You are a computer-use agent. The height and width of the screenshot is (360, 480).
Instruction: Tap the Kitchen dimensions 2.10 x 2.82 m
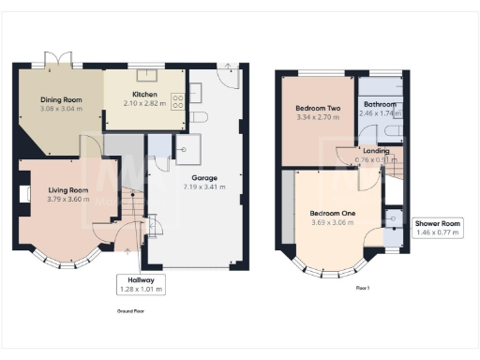pyautogui.click(x=143, y=104)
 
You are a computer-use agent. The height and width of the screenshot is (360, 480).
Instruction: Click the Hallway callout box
pyautogui.click(x=141, y=284)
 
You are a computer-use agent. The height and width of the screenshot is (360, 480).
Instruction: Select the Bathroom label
pyautogui.click(x=380, y=104)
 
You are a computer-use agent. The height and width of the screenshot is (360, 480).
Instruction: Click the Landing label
pyautogui.click(x=376, y=150)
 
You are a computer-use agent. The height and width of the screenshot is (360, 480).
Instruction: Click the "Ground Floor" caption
pyautogui.click(x=129, y=309)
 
